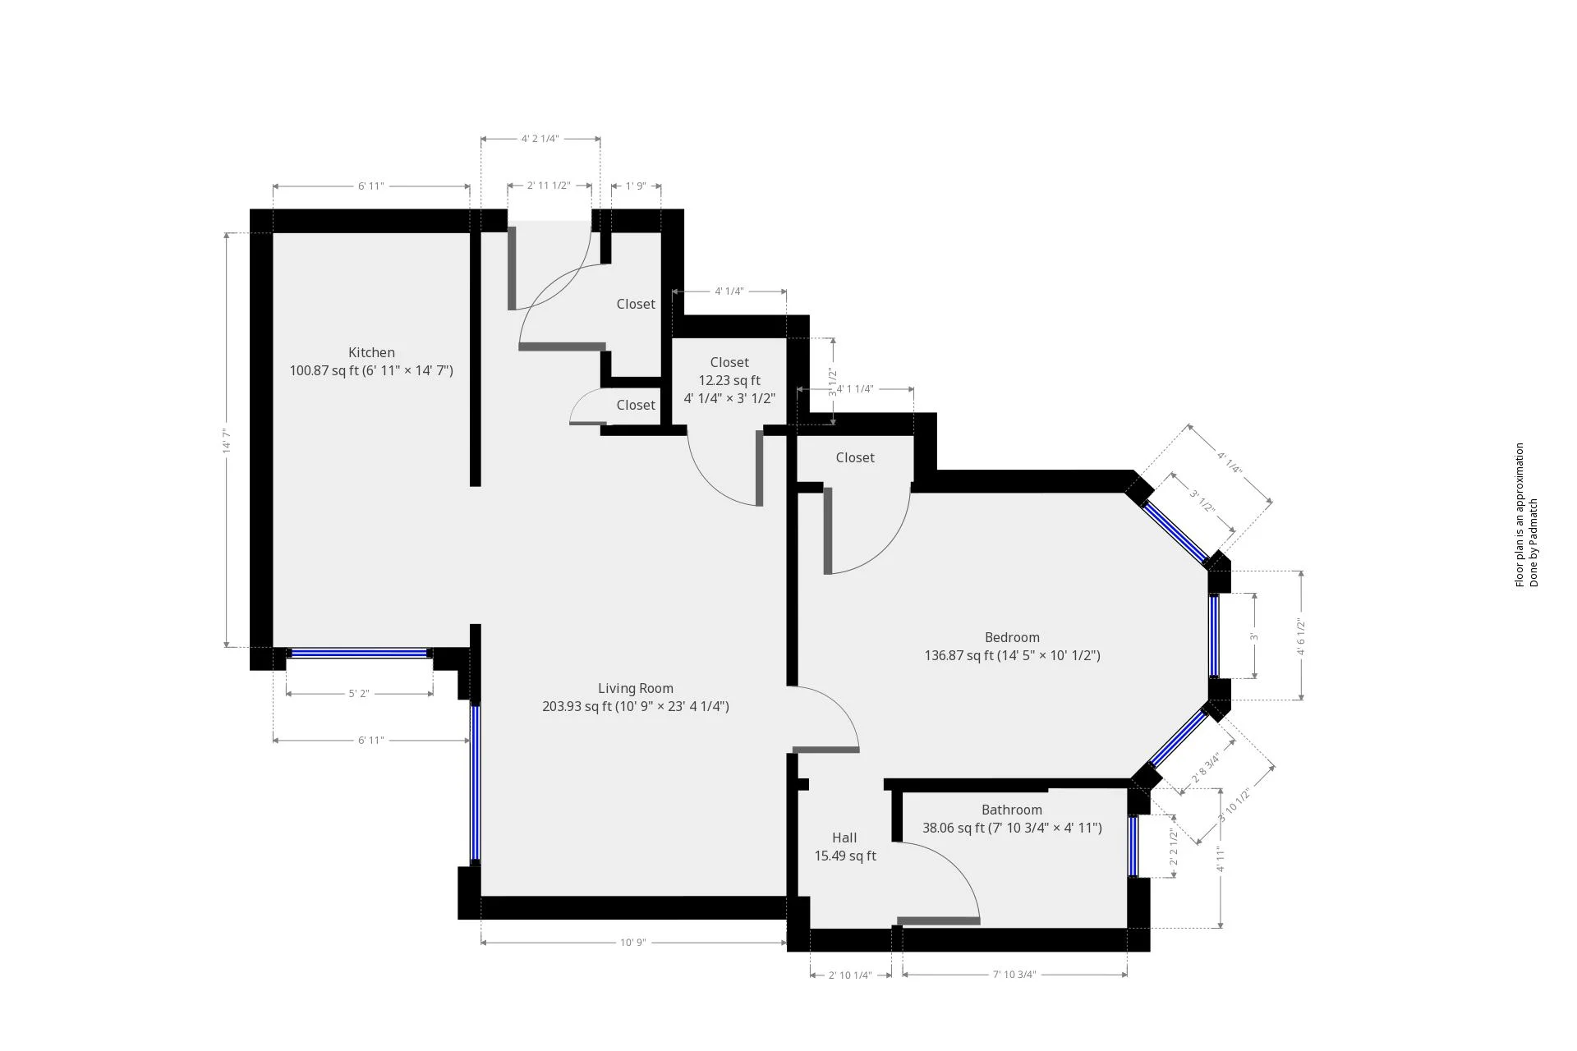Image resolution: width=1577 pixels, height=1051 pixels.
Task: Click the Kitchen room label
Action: click(371, 353)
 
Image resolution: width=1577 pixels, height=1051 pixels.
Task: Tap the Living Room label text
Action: click(635, 689)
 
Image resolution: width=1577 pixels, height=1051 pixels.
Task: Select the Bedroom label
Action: click(1012, 638)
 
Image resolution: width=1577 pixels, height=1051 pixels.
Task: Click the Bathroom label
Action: click(1011, 810)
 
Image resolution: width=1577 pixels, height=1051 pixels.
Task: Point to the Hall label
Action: click(844, 838)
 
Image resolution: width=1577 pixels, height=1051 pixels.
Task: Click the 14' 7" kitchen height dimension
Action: click(227, 440)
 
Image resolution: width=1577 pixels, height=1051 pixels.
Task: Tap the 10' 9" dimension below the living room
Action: click(633, 943)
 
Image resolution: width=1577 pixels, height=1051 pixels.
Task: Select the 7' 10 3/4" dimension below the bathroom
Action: click(1014, 975)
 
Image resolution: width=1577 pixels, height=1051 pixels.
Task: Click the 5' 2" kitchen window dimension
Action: click(359, 694)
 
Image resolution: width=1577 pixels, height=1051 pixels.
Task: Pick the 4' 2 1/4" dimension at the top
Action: click(540, 139)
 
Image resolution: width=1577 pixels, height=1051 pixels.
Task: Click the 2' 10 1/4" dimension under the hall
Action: click(850, 975)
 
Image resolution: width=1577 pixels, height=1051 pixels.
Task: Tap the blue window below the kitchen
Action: click(359, 654)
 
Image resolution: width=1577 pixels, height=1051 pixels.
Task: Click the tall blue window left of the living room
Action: click(475, 783)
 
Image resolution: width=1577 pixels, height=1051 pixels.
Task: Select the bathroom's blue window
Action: click(1133, 847)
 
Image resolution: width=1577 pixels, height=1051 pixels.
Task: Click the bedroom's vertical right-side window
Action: click(1214, 636)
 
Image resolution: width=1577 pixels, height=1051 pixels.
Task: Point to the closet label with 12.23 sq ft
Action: click(729, 363)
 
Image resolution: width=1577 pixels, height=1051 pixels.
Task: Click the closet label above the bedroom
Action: click(855, 458)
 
